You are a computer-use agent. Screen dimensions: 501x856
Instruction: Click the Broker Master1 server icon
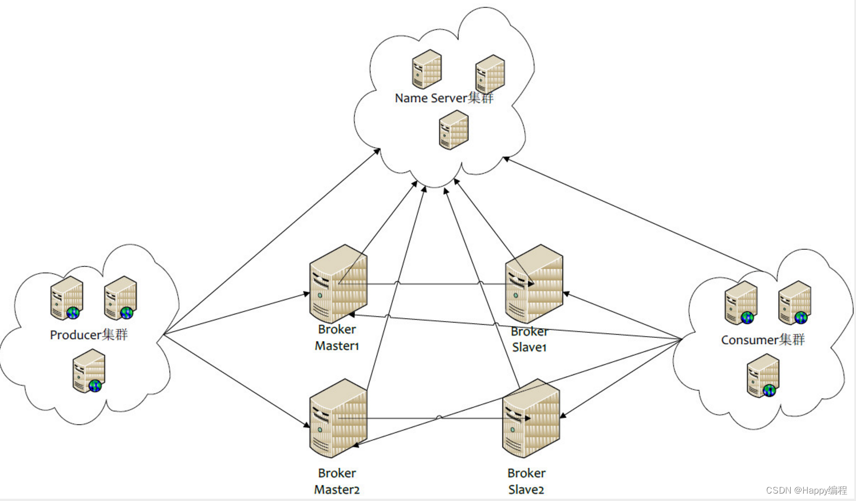[x=338, y=285]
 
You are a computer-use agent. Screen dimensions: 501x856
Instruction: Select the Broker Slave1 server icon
[x=534, y=285]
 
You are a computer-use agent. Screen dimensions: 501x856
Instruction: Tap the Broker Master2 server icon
[x=338, y=419]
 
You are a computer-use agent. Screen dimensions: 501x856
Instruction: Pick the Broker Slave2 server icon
[x=531, y=419]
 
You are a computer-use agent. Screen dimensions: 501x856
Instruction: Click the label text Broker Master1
[x=337, y=337]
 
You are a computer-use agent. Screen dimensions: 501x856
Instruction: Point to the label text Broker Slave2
[x=526, y=481]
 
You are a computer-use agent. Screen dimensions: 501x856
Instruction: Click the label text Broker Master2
[x=337, y=481]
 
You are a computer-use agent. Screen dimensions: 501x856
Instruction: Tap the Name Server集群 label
[x=444, y=98]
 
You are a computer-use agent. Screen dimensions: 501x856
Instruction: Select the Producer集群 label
[x=89, y=334]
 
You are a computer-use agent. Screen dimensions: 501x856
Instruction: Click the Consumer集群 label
[x=763, y=340]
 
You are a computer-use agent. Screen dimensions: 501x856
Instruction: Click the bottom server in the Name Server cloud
[x=453, y=130]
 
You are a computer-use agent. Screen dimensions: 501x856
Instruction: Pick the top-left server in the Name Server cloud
[x=427, y=69]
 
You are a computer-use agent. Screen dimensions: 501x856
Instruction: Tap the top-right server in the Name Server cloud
[x=490, y=74]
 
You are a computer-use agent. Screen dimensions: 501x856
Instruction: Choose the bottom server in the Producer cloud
[x=89, y=372]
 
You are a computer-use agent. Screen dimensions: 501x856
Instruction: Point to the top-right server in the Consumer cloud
[x=795, y=302]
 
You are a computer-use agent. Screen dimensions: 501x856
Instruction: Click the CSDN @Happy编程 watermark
[x=806, y=490]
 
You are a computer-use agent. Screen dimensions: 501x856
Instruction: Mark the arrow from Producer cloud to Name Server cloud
[x=272, y=241]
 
